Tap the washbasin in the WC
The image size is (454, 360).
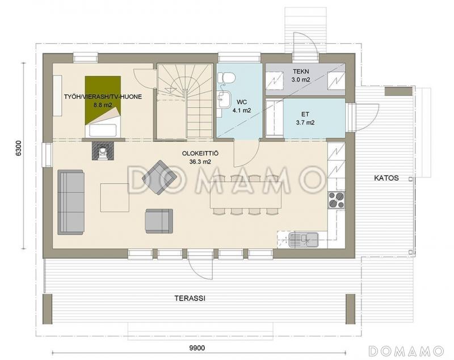pos(224,99)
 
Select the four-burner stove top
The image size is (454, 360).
pos(336,200)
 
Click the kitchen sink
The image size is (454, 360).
pos(303,240)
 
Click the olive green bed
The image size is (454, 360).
pos(103,106)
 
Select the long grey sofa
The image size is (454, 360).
pos(71,202)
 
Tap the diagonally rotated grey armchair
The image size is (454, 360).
pos(159,177)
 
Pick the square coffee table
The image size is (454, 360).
pos(115,197)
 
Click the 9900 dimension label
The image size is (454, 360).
pos(197,348)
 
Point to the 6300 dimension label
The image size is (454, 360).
pos(19,149)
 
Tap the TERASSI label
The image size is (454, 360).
pos(190,298)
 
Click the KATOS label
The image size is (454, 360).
pos(386,178)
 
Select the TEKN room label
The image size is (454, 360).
pos(301,71)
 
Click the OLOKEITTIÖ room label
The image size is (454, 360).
pos(200,154)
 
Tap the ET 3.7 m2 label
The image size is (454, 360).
pos(305,118)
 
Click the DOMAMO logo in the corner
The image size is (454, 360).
pos(406,351)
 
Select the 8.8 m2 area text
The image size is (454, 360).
pos(103,105)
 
